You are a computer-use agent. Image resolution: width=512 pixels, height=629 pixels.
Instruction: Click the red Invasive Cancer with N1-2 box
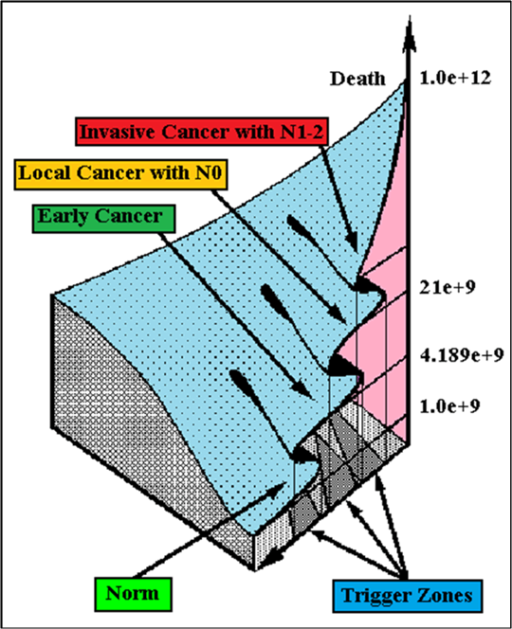(x=202, y=131)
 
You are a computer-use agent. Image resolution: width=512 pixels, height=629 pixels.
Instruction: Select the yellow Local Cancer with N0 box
(x=120, y=174)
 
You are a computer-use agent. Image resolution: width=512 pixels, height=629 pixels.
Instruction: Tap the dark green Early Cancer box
(x=103, y=219)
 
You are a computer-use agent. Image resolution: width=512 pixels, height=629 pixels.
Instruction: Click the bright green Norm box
(x=134, y=594)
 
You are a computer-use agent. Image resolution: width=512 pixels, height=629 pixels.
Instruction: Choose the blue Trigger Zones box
(x=408, y=596)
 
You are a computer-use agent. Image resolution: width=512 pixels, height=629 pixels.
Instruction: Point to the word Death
(x=357, y=79)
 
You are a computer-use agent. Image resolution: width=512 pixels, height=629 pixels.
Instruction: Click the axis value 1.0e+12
(x=455, y=78)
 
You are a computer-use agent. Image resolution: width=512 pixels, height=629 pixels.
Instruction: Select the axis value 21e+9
(x=448, y=287)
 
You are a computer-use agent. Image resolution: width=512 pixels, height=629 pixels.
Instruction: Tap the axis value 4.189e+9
(x=462, y=355)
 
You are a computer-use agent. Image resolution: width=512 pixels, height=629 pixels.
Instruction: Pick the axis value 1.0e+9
(x=449, y=406)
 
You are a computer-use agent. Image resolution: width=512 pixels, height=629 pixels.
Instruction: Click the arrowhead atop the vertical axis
(x=410, y=33)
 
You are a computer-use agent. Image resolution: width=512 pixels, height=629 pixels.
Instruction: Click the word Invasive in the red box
(x=119, y=132)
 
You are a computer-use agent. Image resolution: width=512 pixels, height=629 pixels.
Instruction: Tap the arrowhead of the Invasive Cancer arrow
(x=352, y=243)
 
